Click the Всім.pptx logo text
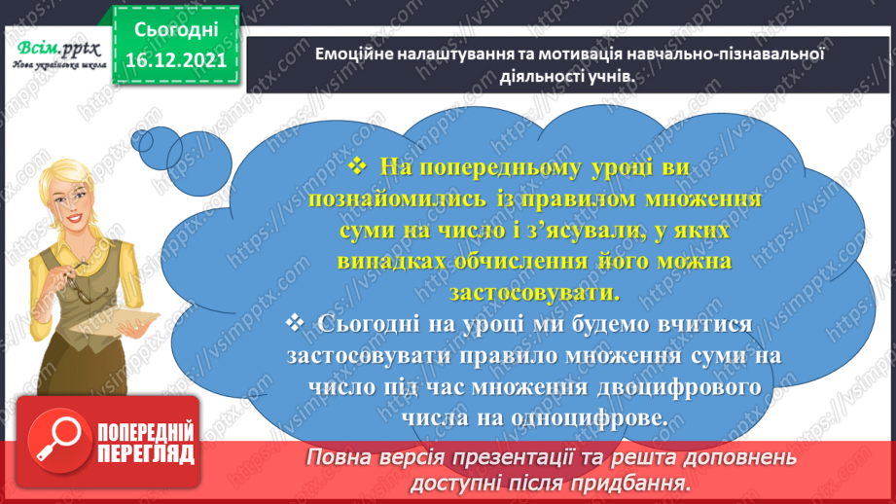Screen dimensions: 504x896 [54, 47]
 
